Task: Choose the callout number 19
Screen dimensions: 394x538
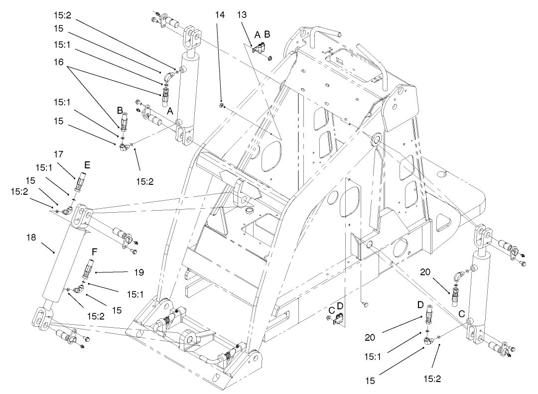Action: [138, 272]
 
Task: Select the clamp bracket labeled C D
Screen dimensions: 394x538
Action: [338, 319]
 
